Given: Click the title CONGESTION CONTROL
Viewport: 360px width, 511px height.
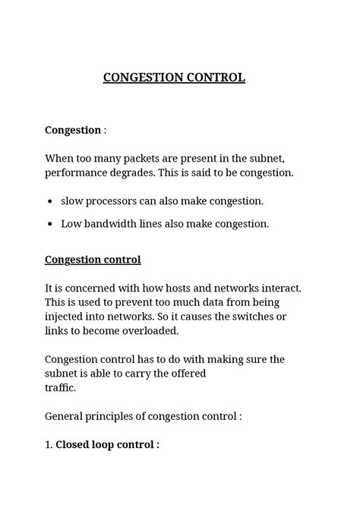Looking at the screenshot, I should click(x=174, y=77).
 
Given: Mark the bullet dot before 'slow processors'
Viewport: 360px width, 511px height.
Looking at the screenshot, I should click(x=49, y=202).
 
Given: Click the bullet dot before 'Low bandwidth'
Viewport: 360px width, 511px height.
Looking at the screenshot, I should click(x=49, y=224).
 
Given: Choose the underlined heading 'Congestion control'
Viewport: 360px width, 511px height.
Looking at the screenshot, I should click(x=93, y=260).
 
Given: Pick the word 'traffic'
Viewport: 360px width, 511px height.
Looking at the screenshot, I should click(x=60, y=387).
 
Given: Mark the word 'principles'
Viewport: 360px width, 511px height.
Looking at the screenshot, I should click(x=118, y=416).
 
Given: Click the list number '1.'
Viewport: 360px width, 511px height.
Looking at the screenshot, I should click(x=49, y=445).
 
